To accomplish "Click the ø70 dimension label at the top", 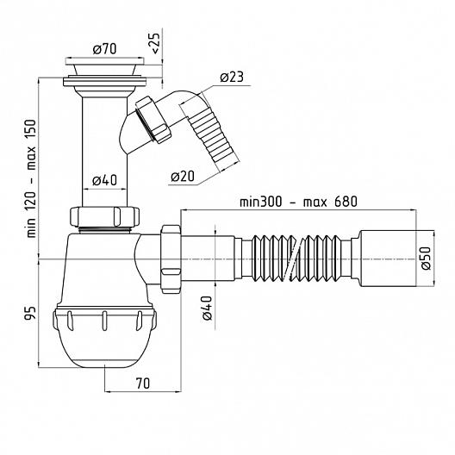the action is pos(105,49).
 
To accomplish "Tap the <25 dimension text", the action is pos(155,43).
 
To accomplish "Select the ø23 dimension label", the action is pos(232,77).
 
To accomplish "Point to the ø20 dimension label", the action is pos(183,176).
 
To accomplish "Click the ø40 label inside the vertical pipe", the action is pos(105,180).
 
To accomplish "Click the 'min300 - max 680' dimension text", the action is pos(298,202).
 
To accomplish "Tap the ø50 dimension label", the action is pos(426,259).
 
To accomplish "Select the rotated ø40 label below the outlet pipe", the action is pos(207,308).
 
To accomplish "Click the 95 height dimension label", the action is pos(31,313).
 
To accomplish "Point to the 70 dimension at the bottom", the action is pos(143,383).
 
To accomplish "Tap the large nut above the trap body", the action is pos(104,216).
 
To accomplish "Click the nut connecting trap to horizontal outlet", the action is pos(171,259).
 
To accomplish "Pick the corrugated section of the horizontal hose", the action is pos(296,259).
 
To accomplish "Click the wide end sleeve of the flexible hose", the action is pos(388,259).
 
